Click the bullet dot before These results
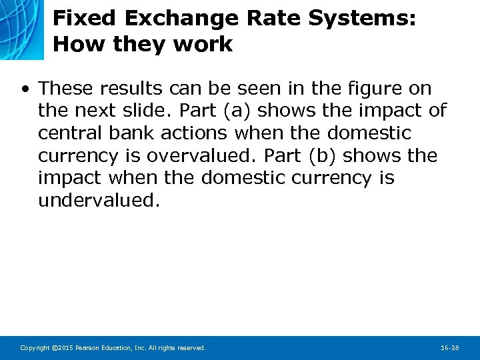coord(25,89)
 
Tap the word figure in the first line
coord(341,89)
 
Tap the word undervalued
coord(99,201)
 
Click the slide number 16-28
coord(450,348)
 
